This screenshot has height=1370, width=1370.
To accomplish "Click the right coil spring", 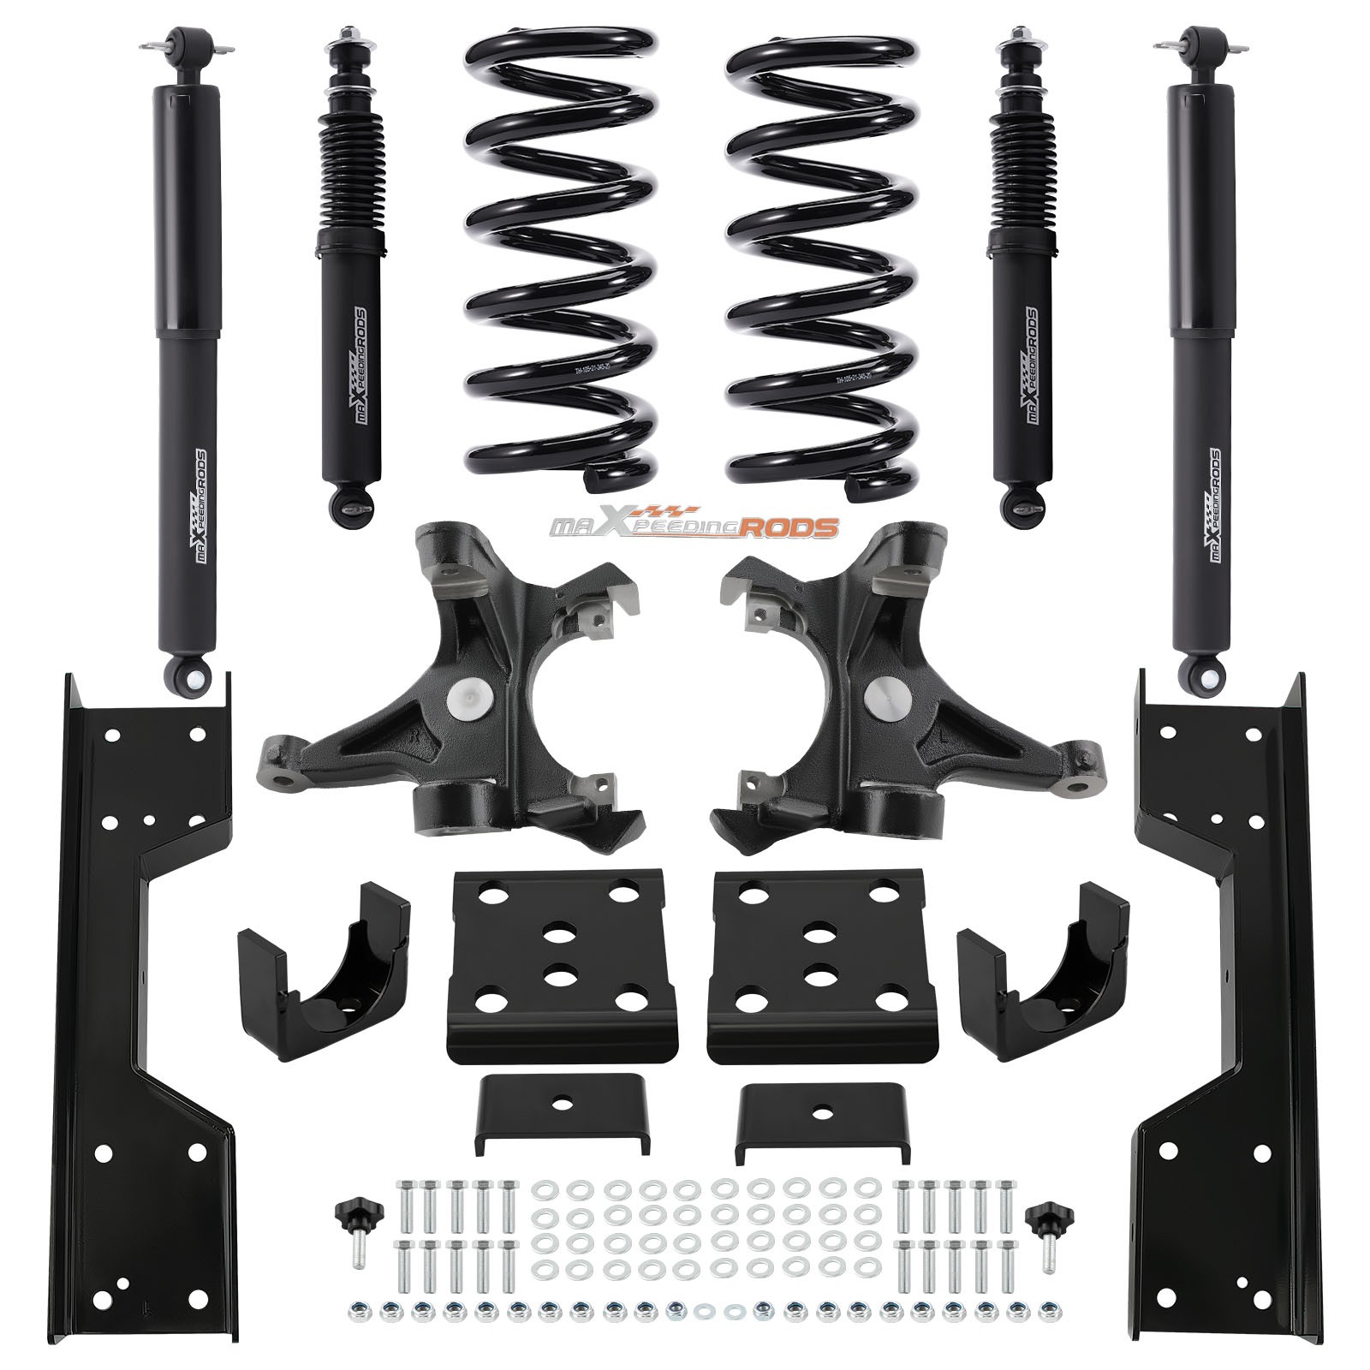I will click(x=822, y=257).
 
